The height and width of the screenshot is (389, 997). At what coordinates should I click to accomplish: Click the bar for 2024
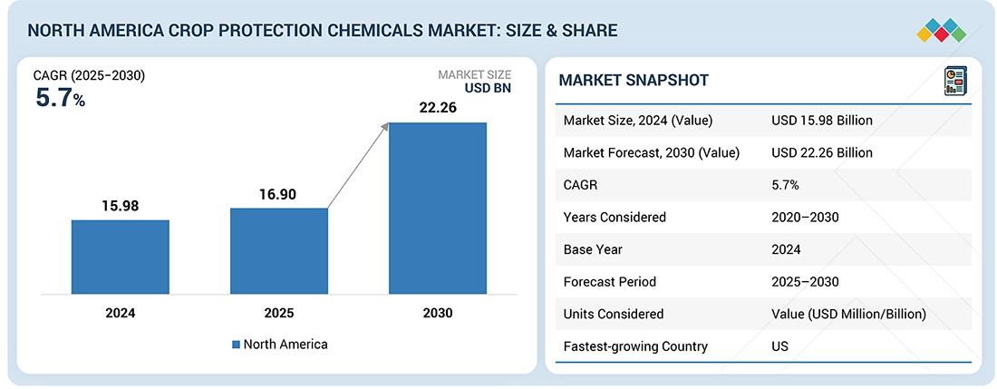coord(121,257)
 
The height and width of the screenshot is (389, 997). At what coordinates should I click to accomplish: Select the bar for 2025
coord(279,251)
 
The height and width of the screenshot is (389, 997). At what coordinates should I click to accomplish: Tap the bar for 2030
coord(438,208)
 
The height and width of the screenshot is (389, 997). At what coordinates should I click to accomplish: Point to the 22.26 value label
coord(438,108)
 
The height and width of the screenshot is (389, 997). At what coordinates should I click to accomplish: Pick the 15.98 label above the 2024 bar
coord(121,206)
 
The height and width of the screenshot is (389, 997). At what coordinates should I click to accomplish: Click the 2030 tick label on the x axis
coord(437,314)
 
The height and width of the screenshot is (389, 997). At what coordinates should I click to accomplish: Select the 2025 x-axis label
coord(279,314)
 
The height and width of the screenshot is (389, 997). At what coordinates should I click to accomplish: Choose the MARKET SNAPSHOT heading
coord(634,81)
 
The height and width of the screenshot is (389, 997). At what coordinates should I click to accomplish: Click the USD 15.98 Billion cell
coord(822,121)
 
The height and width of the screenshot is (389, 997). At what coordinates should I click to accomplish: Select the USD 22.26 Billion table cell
coord(822,153)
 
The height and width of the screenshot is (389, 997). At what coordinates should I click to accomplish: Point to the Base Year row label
coord(594,249)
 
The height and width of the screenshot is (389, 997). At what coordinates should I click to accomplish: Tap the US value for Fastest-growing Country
coord(780,346)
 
